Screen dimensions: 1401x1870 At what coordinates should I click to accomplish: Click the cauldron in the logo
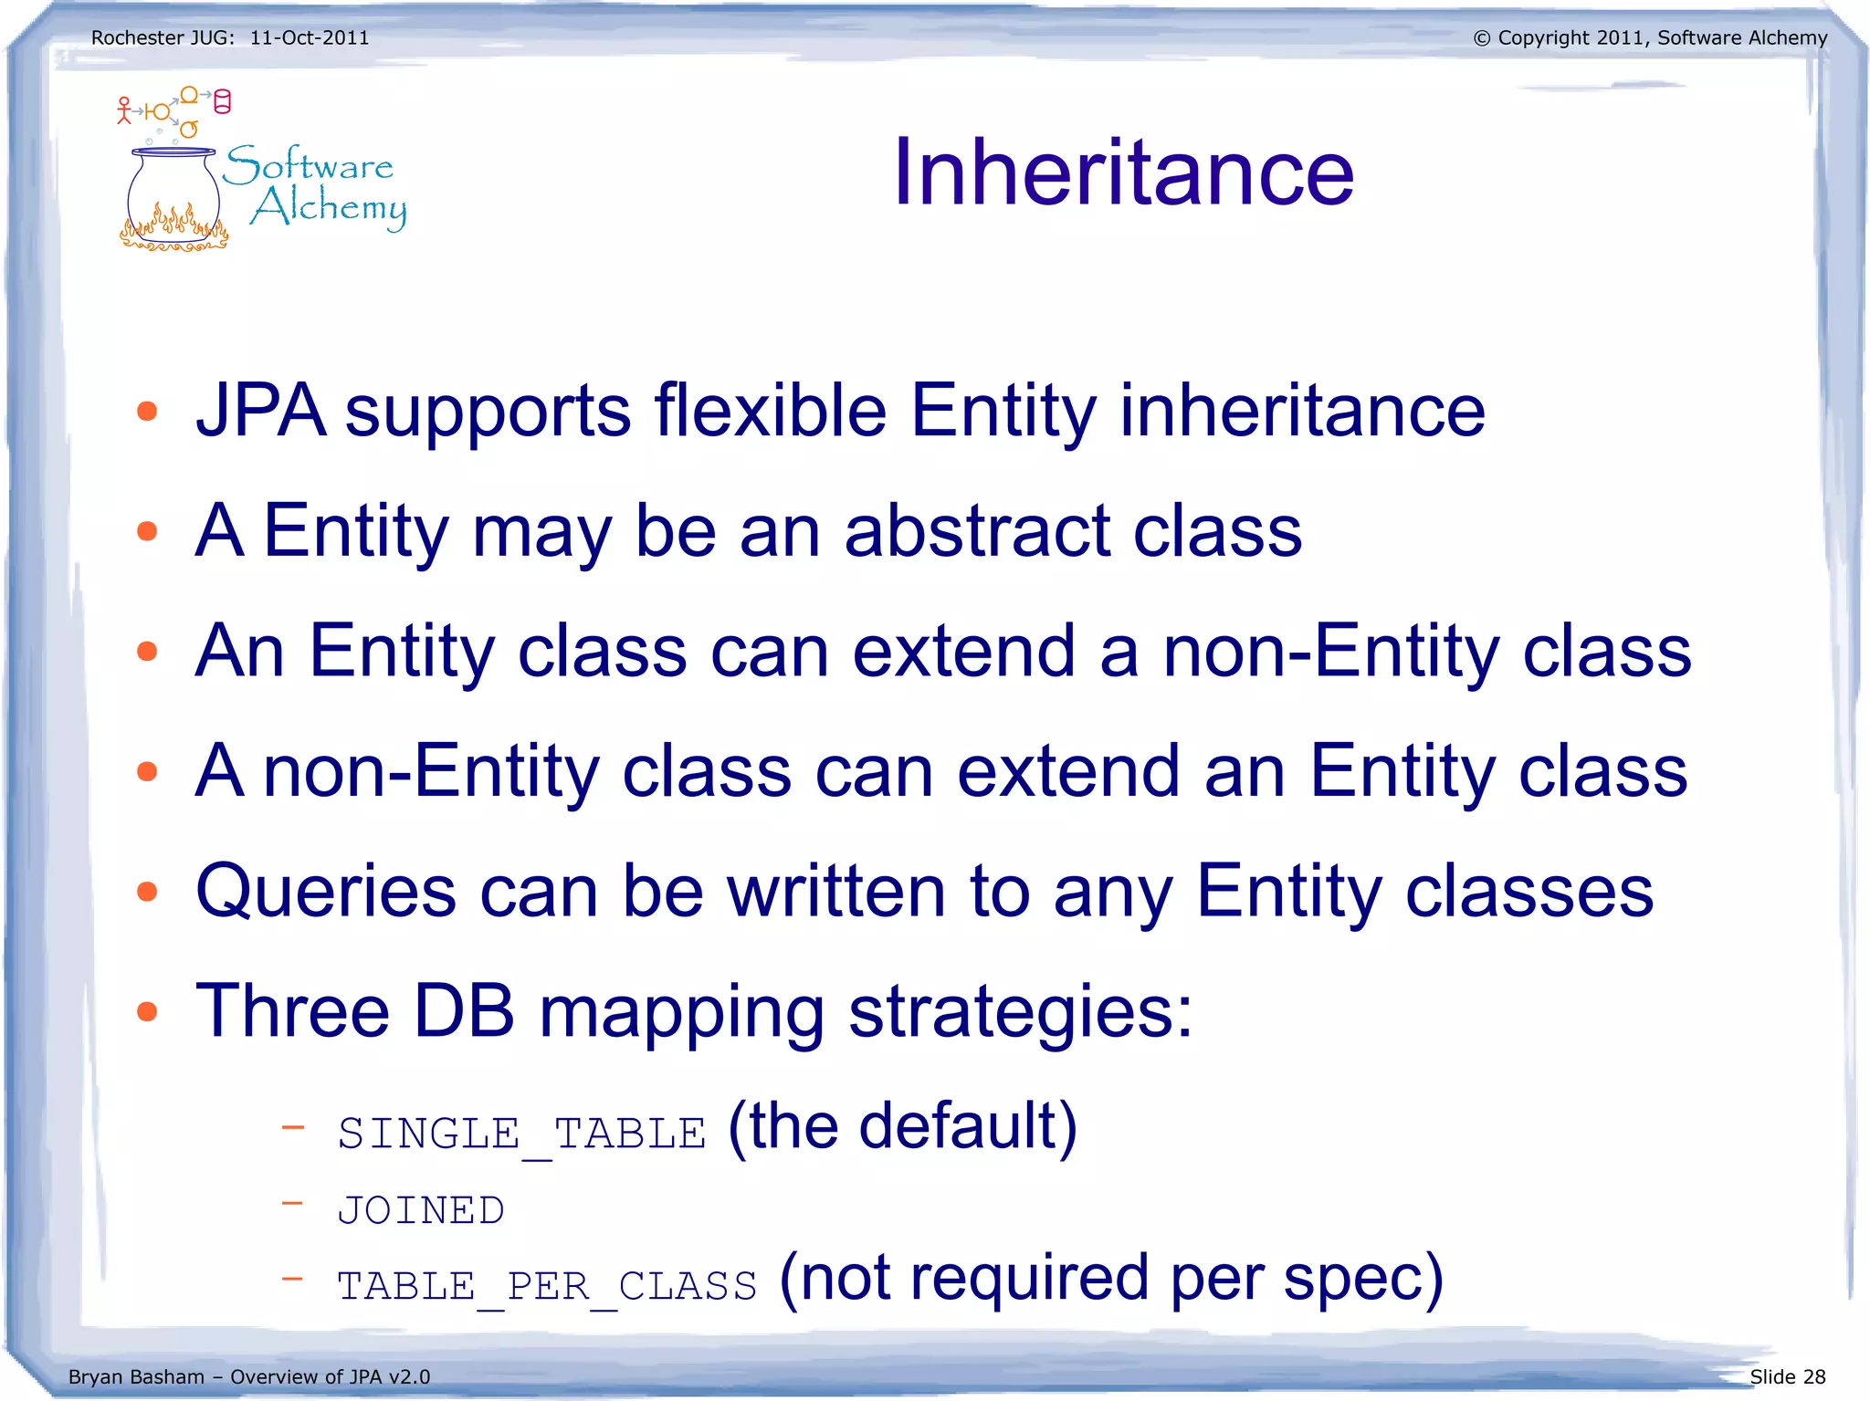173,201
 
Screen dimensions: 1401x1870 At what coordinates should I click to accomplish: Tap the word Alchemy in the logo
329,207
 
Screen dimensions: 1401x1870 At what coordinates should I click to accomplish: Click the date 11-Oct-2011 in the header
310,38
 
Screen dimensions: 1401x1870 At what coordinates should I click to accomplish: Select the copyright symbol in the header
1482,38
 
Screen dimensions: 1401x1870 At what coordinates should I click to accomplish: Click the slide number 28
1814,1376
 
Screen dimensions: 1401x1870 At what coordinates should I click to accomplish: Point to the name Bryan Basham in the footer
136,1376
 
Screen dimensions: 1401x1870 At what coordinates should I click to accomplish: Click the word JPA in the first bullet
261,411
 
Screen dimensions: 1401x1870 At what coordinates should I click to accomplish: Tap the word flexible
770,411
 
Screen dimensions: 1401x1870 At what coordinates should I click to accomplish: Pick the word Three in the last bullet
292,1011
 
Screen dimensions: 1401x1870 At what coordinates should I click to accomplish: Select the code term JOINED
421,1211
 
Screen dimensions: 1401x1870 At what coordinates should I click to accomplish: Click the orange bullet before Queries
147,892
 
